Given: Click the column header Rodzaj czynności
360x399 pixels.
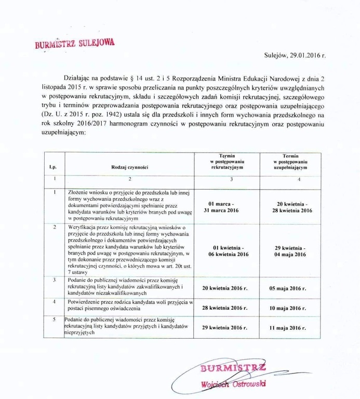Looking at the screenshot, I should (x=130, y=167).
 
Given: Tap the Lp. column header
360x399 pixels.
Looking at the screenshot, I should (x=52, y=167).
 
